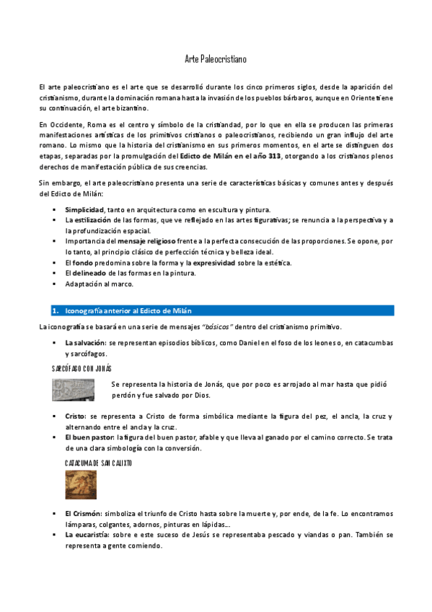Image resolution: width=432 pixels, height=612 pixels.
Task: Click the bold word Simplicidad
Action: [x=84, y=209]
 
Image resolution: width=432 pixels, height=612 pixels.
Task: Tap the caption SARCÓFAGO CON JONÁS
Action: [x=81, y=369]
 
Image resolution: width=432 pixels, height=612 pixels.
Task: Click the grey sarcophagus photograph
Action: [x=73, y=390]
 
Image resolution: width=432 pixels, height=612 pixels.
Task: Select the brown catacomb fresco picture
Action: [x=81, y=484]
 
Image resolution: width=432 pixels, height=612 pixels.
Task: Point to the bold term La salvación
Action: [x=84, y=343]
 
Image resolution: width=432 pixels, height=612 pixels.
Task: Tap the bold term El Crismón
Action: [x=83, y=512]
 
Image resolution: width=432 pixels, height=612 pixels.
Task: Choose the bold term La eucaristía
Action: [x=87, y=535]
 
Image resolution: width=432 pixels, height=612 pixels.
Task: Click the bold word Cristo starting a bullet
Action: [x=75, y=416]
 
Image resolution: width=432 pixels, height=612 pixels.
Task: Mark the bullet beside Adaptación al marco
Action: [x=54, y=284]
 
